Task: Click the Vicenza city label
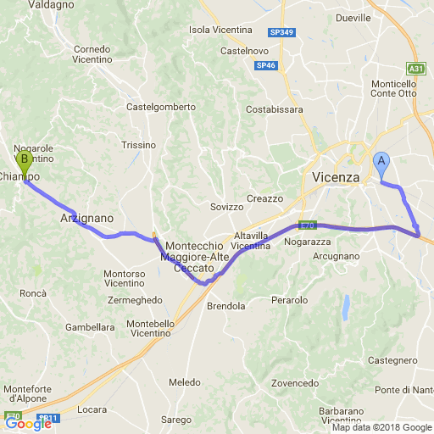click(x=336, y=177)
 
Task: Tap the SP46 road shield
click(x=265, y=64)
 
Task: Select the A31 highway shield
click(x=415, y=69)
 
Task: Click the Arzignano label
click(x=82, y=218)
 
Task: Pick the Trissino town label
click(x=139, y=145)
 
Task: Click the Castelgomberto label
click(x=160, y=107)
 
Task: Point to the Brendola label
click(x=226, y=306)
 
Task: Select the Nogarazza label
click(x=307, y=242)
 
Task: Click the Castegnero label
click(x=393, y=360)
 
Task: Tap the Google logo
click(x=28, y=424)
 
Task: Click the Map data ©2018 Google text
click(x=381, y=428)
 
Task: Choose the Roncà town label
click(x=33, y=292)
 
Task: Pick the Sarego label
click(x=176, y=420)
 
